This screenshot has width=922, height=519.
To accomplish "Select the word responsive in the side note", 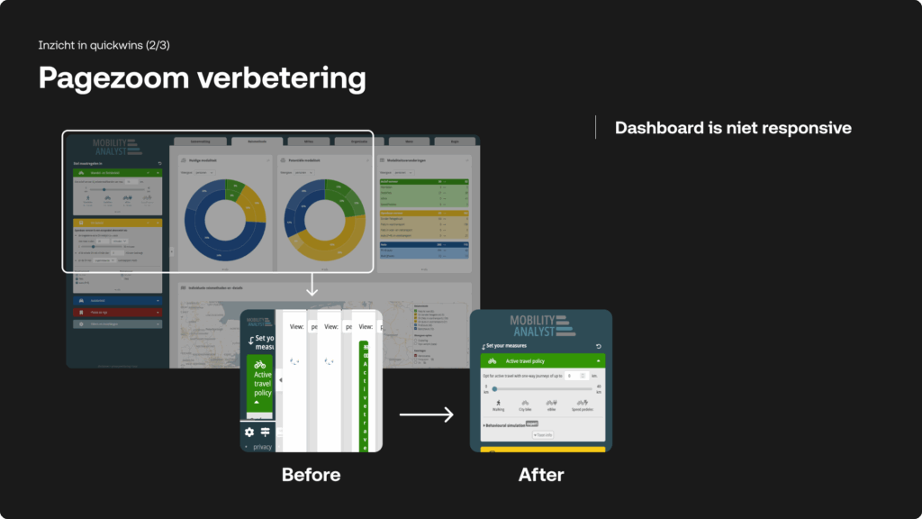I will [x=807, y=128].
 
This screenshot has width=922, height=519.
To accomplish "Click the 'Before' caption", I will [x=311, y=474].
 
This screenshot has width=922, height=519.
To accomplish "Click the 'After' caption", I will [x=541, y=474].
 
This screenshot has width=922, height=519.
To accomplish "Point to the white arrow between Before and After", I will [x=426, y=414].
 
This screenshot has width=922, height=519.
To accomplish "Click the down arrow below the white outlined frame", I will [x=312, y=287].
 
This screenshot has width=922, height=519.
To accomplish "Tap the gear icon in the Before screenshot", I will [x=249, y=432].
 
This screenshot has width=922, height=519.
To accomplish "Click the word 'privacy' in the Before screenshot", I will [x=262, y=447].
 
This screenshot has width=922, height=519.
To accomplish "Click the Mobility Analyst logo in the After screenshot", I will [x=540, y=325].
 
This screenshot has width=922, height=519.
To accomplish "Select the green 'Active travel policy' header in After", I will [x=541, y=360].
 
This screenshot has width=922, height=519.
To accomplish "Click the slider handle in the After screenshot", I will [x=494, y=387].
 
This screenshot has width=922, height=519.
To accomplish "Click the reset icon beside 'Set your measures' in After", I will [x=599, y=346].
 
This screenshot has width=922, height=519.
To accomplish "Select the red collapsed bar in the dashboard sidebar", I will [x=117, y=313].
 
